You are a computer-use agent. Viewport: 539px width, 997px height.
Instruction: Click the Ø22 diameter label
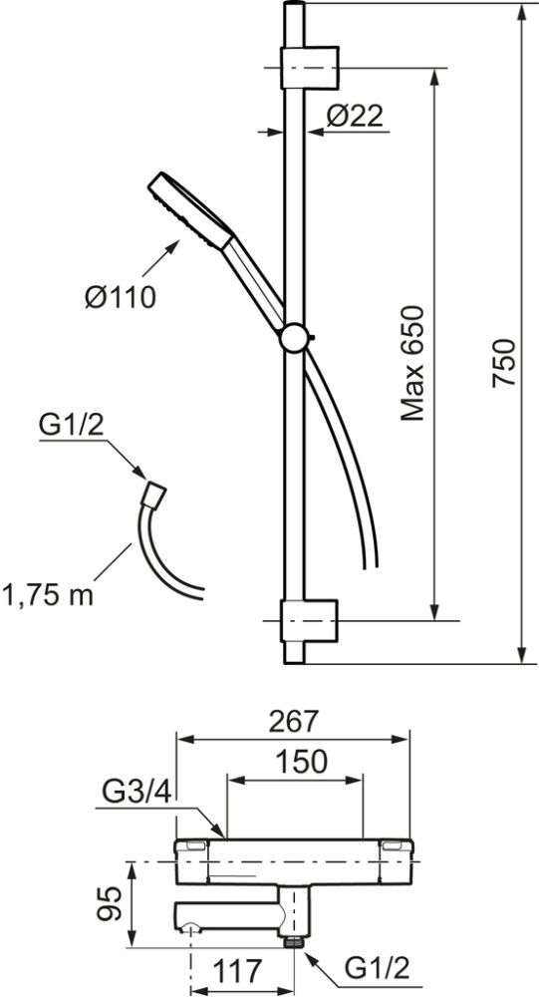coord(356,116)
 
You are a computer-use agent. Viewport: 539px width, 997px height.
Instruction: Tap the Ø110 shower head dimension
coord(121,296)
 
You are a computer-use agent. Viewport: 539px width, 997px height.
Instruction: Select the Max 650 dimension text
coord(412,363)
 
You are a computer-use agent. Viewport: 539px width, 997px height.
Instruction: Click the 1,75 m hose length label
coord(48,596)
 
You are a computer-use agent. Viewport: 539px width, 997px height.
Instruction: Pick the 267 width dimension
coord(292,721)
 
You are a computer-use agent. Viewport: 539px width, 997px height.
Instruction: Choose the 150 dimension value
coord(302,761)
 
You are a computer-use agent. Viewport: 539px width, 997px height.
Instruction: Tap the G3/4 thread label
coord(136,793)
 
